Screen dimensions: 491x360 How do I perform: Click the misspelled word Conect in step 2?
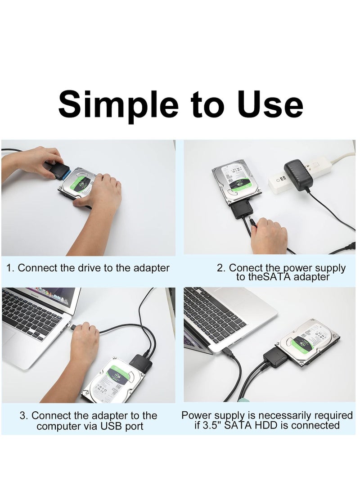coord(245,268)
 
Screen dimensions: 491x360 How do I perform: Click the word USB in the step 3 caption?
coord(110,426)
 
